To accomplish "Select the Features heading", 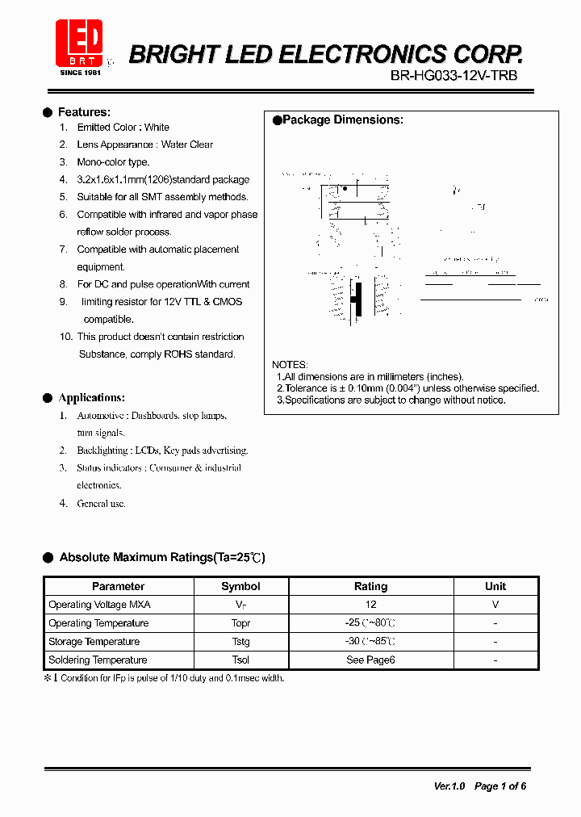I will coord(84,112).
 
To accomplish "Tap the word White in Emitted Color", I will coord(157,128).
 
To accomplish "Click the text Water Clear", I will coord(187,145).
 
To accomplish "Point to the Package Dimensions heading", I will coord(342,119).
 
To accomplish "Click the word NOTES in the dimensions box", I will coord(290,365).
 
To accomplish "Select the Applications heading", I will coord(91,398).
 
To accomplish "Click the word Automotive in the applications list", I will coord(101,416).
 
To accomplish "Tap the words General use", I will coord(102,504).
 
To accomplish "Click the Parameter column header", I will coord(118,587).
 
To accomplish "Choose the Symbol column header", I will coord(240,587).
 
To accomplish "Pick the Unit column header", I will coord(495,587).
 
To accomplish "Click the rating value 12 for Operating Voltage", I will coord(370,605).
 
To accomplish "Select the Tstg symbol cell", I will coord(240,642).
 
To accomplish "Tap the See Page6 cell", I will coord(370,660).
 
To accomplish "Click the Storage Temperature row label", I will coord(94,642).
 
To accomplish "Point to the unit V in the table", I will coord(495,605).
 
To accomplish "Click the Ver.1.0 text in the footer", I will coord(449,786).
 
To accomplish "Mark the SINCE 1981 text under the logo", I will coord(79,73).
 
